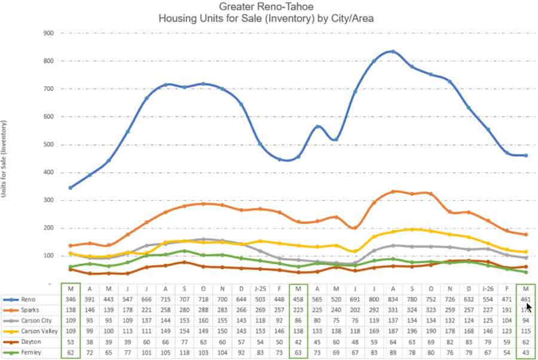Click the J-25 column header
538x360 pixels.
coord(260,288)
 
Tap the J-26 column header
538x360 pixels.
coord(488,288)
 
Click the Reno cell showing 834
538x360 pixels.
coord(393,299)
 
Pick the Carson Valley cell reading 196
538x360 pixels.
coord(412,330)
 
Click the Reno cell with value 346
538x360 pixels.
coord(71,299)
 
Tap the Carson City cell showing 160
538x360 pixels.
coord(203,320)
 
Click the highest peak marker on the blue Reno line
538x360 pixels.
coord(393,51)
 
